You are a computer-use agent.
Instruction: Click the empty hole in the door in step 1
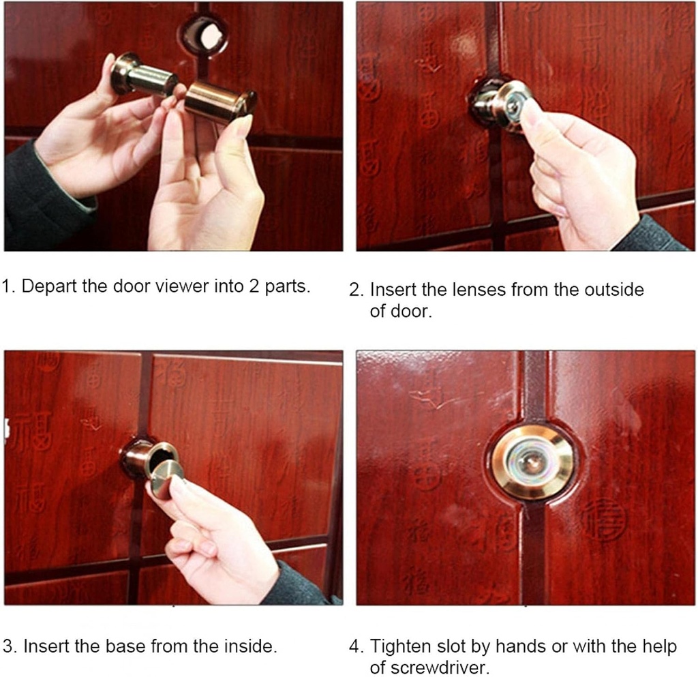pos(204,35)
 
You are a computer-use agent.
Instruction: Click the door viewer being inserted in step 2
pos(504,104)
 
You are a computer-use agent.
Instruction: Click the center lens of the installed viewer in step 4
pos(533,462)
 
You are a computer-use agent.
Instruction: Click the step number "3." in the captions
pos(10,646)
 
